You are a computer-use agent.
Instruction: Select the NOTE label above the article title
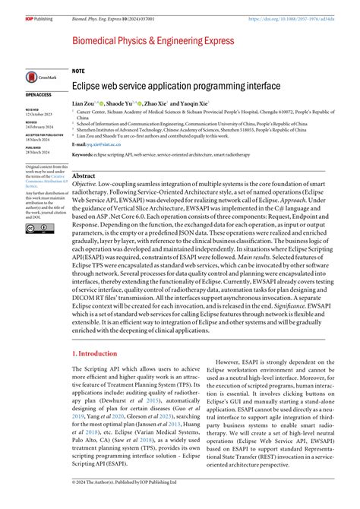[x=78, y=70]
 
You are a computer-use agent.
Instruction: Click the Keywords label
[x=83, y=154]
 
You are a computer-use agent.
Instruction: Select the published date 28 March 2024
[x=39, y=154]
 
